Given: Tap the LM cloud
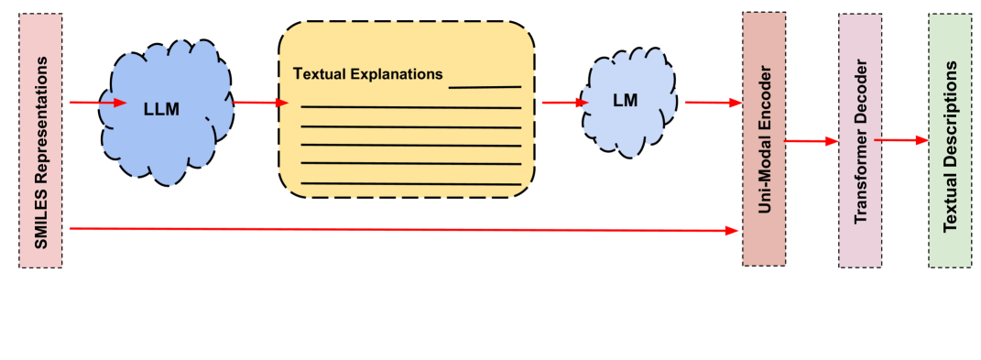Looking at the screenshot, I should (x=626, y=128).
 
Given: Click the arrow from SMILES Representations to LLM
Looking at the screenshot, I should (x=96, y=103).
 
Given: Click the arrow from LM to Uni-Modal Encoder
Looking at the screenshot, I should (x=713, y=103).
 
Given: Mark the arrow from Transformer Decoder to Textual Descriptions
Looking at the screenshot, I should (x=901, y=140).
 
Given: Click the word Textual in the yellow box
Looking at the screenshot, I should (x=318, y=73).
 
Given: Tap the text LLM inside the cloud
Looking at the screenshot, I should (x=161, y=109).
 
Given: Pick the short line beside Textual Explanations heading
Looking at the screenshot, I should (x=485, y=87).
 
